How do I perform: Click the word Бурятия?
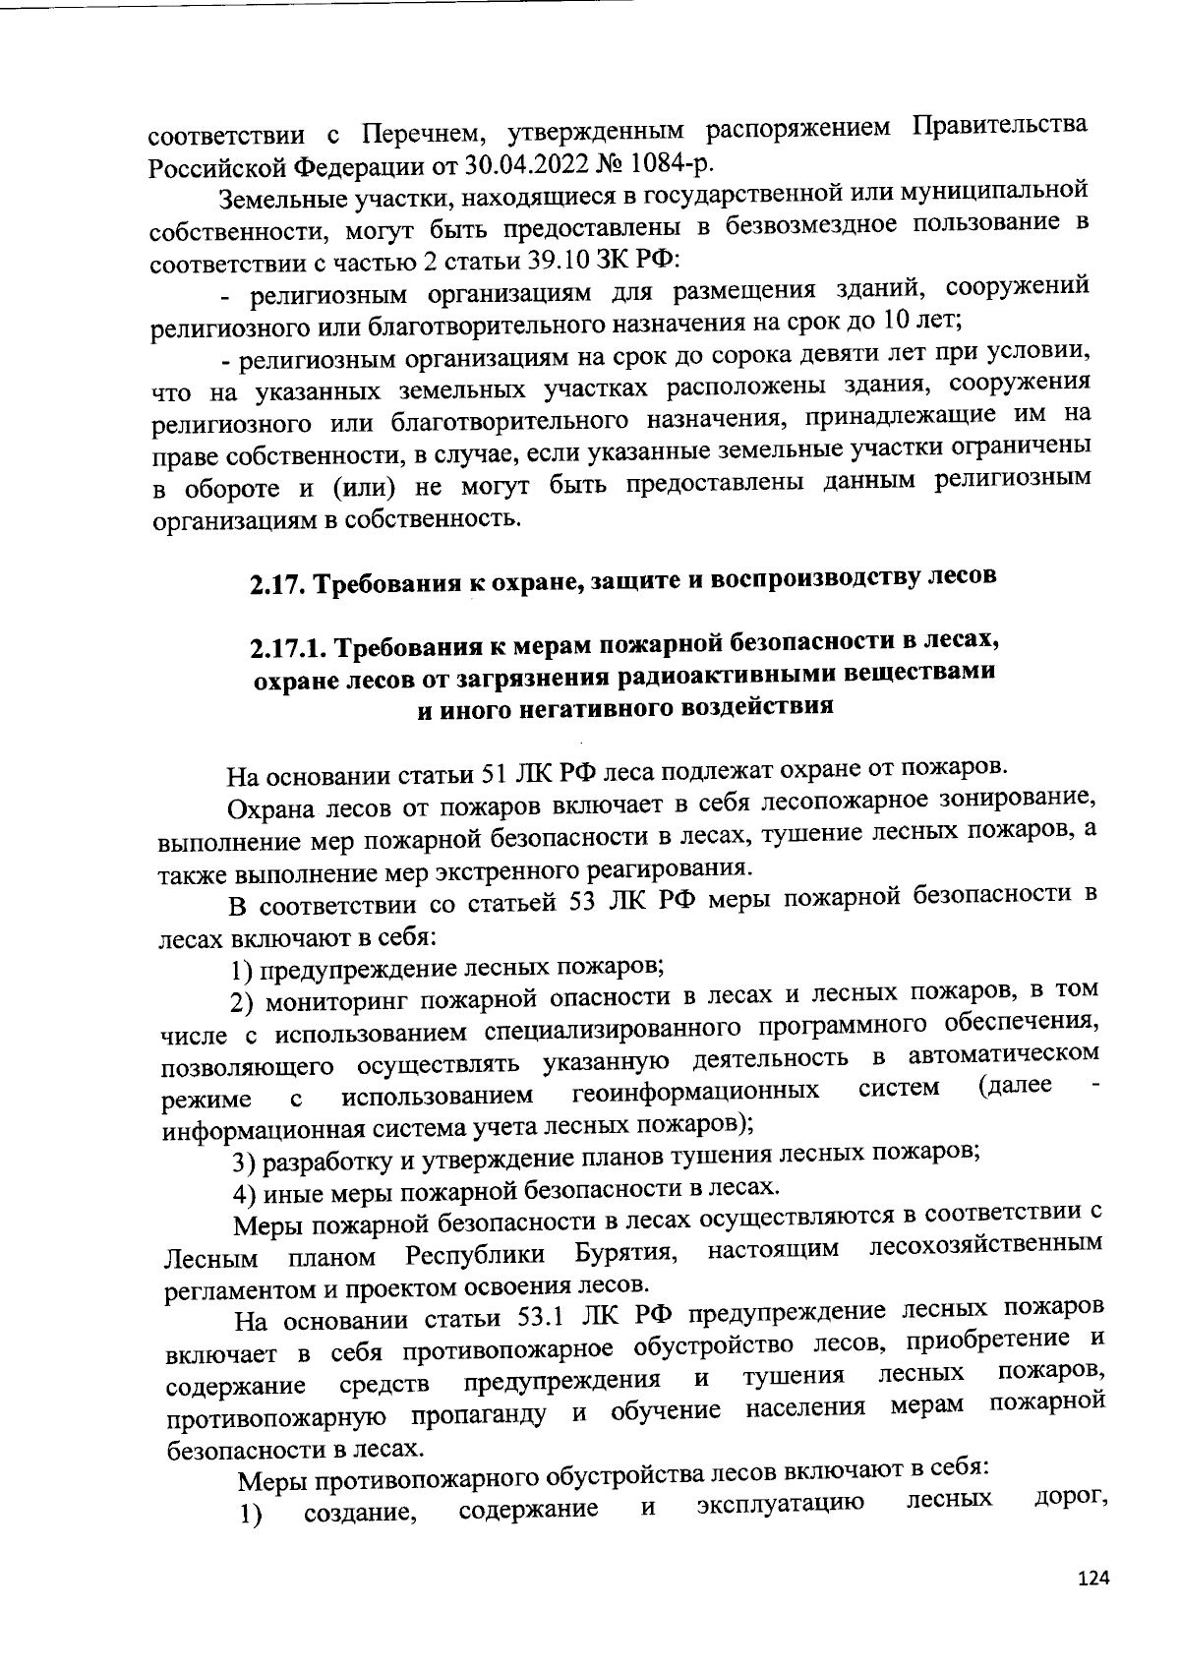coord(624,1254)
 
